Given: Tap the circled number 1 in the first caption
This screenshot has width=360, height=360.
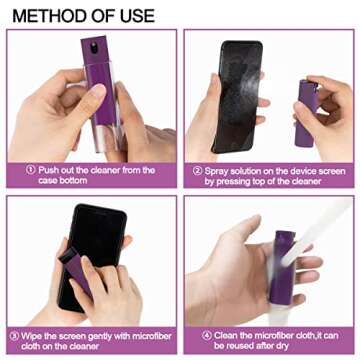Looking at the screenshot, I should coord(30,170).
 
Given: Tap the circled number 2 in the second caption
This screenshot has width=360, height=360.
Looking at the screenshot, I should coord(197,170).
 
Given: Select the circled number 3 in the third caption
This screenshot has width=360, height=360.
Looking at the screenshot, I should coord(14,333).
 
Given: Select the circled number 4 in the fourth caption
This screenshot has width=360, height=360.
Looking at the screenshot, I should coord(206,333).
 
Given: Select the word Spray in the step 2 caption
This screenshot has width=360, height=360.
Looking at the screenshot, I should coord(219,170).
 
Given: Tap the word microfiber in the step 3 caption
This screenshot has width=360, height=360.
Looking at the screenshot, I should coord(148,333).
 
